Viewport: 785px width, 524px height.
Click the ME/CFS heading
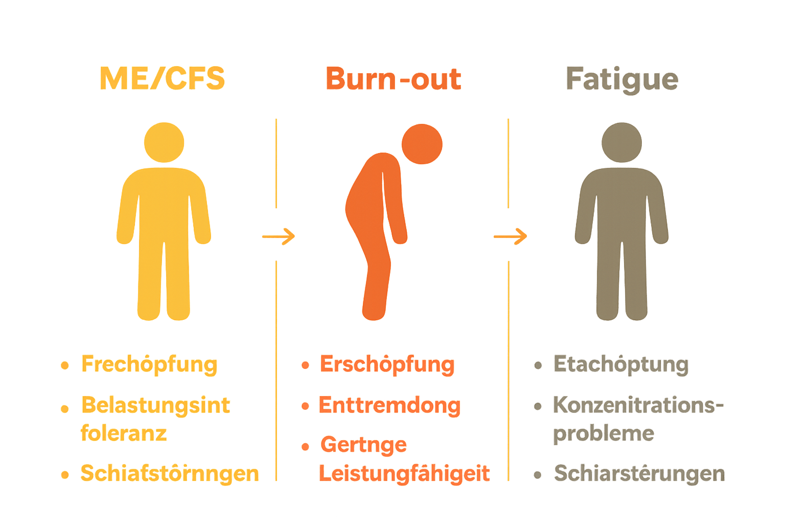point(163,79)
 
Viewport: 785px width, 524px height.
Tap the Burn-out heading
point(393,79)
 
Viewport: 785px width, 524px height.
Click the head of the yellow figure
point(164,142)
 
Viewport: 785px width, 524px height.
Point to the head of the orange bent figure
point(422,144)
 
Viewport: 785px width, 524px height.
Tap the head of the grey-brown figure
point(621,142)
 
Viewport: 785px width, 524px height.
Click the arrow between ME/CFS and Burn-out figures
point(279,236)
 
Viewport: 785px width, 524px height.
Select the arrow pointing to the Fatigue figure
point(510,236)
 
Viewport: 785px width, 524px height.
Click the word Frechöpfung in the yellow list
point(149,364)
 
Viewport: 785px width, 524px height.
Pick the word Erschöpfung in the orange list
point(387,364)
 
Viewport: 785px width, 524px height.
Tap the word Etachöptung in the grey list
point(621,365)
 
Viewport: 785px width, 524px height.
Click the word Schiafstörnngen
point(169,473)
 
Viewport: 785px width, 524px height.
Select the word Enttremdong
point(389,405)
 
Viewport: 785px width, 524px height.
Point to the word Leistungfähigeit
point(404,473)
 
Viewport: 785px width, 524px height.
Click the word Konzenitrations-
point(638,405)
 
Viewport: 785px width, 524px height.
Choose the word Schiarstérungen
point(639,473)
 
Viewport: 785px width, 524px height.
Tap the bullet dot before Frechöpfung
point(65,365)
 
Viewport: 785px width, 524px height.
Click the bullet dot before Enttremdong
point(305,406)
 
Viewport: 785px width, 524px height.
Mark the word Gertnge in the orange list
point(363,445)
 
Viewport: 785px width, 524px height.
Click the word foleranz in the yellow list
point(124,433)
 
